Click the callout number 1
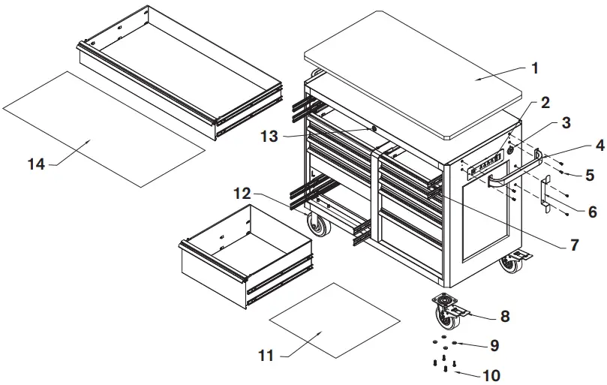[534, 68]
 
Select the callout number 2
[545, 102]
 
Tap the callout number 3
[566, 123]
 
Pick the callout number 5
[589, 176]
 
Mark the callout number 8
[505, 317]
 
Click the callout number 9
[494, 346]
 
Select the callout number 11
[266, 356]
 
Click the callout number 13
[270, 137]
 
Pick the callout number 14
[36, 164]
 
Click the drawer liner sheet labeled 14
[105, 128]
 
